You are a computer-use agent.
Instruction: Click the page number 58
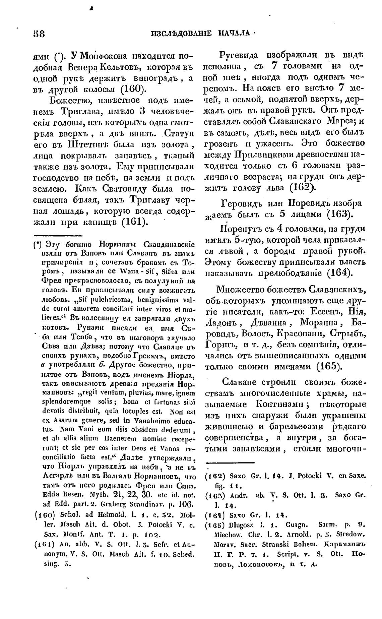[39, 34]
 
